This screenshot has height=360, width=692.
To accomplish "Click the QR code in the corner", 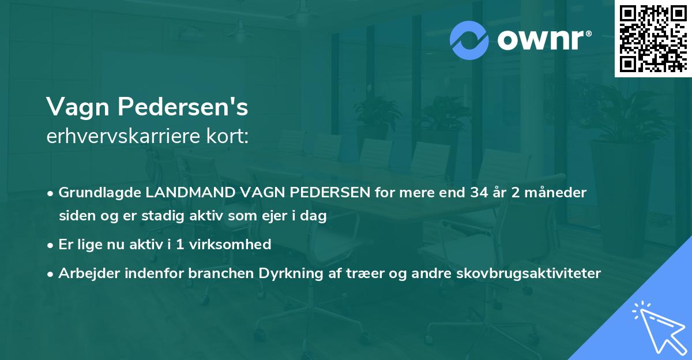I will (653, 39).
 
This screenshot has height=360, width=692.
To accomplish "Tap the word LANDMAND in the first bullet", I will (185, 193).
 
